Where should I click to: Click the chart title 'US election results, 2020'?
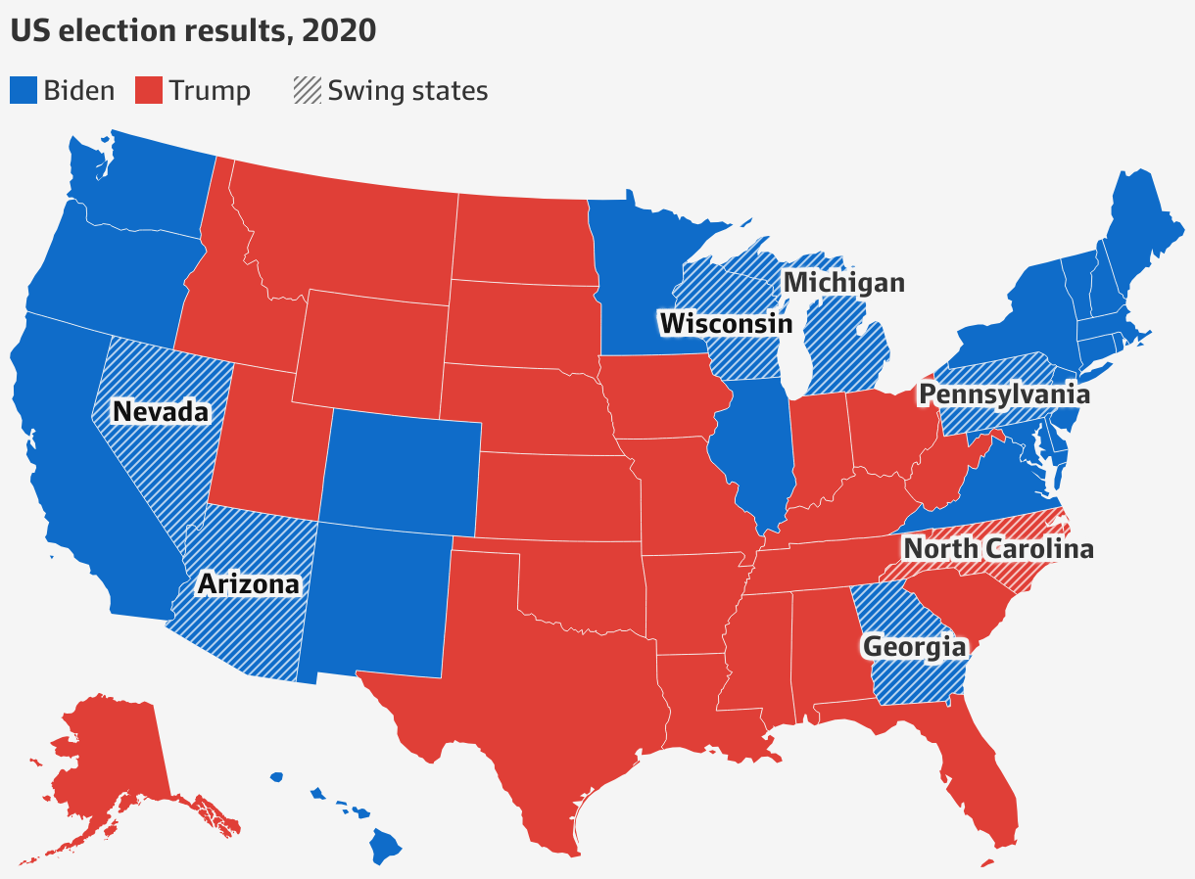[x=193, y=30]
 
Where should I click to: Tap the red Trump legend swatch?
[x=149, y=91]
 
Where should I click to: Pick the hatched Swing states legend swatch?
[x=307, y=91]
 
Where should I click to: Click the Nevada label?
[x=161, y=411]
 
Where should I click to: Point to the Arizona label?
[x=248, y=584]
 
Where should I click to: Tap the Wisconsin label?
[x=725, y=323]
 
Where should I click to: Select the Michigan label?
[x=843, y=283]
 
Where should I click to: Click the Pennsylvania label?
[x=1003, y=394]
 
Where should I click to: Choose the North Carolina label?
[x=997, y=548]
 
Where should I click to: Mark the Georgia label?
[x=913, y=647]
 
